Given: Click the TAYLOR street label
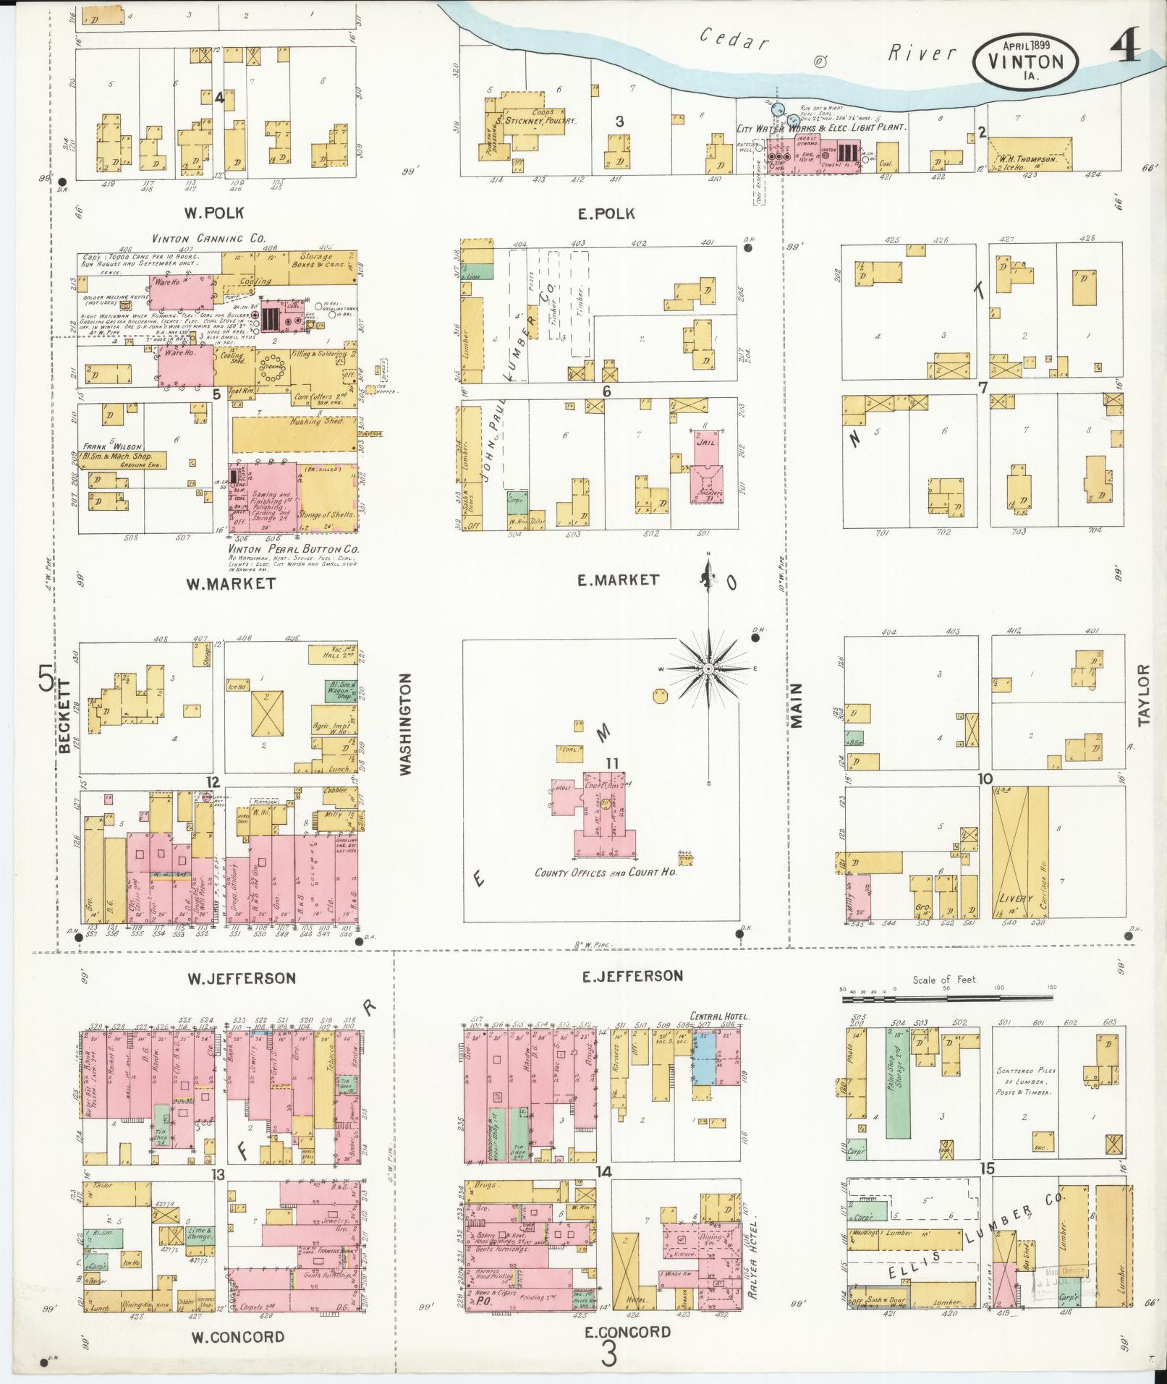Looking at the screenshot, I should [1143, 695].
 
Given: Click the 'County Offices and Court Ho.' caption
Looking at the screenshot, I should [605, 873].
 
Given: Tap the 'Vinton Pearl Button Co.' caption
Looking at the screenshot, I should [294, 548].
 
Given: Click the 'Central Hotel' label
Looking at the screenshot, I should [720, 1016].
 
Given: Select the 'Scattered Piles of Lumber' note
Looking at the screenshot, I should [1026, 1082].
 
